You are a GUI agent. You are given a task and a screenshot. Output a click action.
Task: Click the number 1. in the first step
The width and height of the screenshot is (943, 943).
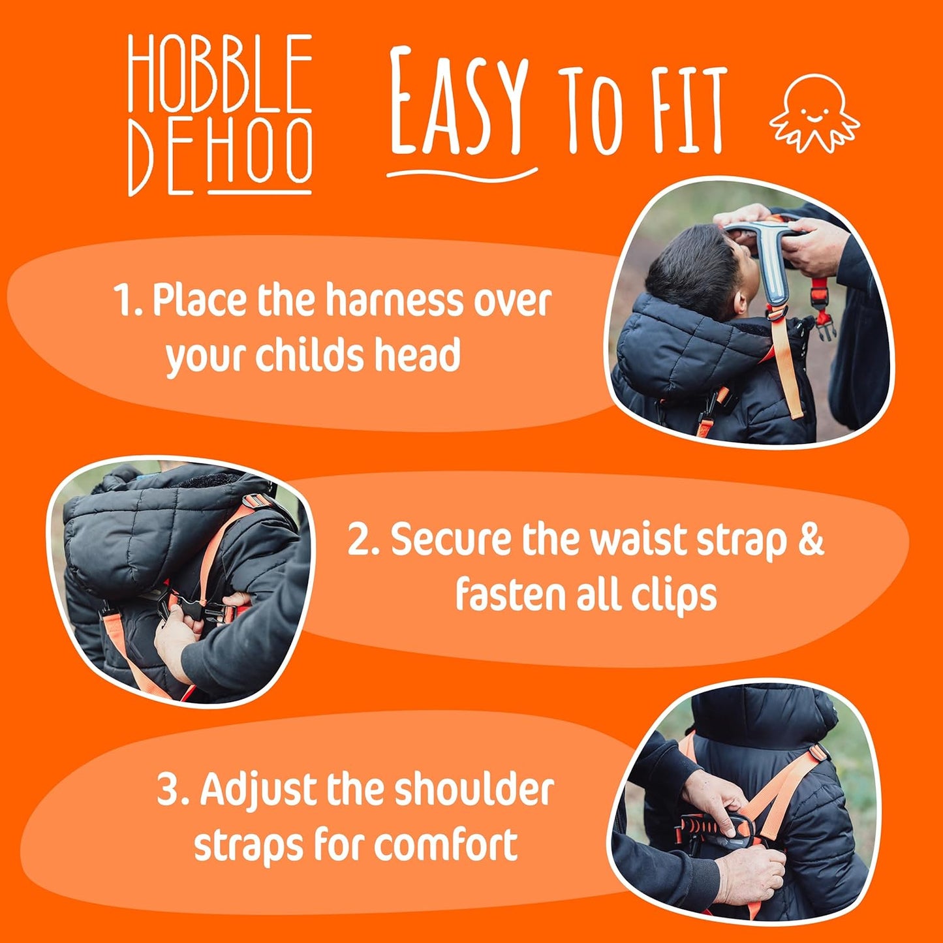click(128, 301)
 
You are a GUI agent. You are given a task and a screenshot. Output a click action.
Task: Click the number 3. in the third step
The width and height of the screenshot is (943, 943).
click(174, 790)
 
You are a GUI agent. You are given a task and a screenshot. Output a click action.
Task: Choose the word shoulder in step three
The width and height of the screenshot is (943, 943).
click(473, 790)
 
